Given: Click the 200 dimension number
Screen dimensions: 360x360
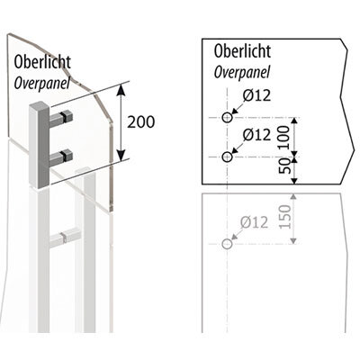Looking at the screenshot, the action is tap(141, 121).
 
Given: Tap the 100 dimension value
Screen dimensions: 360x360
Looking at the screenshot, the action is tap(283, 138).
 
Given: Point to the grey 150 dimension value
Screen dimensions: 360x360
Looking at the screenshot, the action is tap(285, 217).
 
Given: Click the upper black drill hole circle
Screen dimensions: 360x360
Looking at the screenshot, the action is tap(228, 117).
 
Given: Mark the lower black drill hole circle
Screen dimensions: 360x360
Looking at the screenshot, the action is tap(228, 157).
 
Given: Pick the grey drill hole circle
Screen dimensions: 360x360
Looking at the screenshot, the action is tap(228, 244).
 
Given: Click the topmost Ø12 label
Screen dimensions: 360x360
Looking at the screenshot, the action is tap(256, 95).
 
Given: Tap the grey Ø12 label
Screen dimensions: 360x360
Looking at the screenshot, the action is tap(254, 222).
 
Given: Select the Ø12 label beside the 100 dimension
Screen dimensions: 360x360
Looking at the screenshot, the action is tap(256, 134).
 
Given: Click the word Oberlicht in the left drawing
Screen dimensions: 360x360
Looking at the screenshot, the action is tap(42, 61).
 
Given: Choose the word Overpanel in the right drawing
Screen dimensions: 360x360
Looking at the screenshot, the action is tap(242, 72).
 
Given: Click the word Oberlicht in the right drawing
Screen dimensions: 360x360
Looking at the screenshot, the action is tap(242, 51).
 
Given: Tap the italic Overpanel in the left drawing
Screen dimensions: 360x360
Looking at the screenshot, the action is tap(42, 83).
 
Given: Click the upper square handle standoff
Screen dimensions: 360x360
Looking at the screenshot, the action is tap(61, 119).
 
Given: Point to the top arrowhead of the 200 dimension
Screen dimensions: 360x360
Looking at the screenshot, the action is tap(121, 90).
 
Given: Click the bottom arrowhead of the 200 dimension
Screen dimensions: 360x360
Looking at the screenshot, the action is tap(121, 156).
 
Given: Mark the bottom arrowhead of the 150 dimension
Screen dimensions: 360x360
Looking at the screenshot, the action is tap(293, 240).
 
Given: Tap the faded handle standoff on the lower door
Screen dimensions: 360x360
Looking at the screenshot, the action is tap(65, 237).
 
